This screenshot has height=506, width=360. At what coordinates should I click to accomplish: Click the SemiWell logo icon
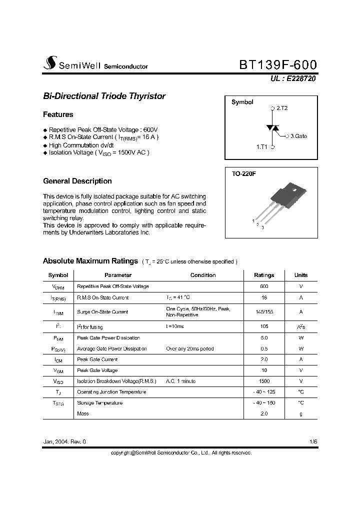coord(50,63)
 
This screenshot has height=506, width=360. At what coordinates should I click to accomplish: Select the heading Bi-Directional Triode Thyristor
coord(104,96)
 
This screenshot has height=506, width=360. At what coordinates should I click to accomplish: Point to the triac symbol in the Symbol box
coord(272,128)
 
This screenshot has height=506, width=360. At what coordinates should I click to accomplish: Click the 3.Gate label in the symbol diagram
coord(298,135)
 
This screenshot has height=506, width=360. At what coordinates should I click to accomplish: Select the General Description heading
coord(77,181)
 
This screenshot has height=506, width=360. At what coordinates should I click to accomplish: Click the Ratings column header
coord(264,275)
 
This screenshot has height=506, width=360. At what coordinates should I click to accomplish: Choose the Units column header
coord(301,275)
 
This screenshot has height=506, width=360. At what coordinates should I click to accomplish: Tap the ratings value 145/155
coord(264,311)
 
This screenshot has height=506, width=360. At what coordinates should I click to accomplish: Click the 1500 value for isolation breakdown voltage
coord(264,381)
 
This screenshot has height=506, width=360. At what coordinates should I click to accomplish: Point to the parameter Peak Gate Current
coord(97,359)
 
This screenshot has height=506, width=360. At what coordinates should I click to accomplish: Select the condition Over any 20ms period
coord(190,348)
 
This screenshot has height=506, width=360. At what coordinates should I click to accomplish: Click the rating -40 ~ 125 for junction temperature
coord(264,392)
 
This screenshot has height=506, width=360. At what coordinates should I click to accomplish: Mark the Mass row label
coord(82,413)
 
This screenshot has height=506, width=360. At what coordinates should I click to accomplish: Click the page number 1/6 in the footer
coord(313,442)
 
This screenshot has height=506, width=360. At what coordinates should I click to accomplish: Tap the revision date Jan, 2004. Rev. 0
coord(64,442)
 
